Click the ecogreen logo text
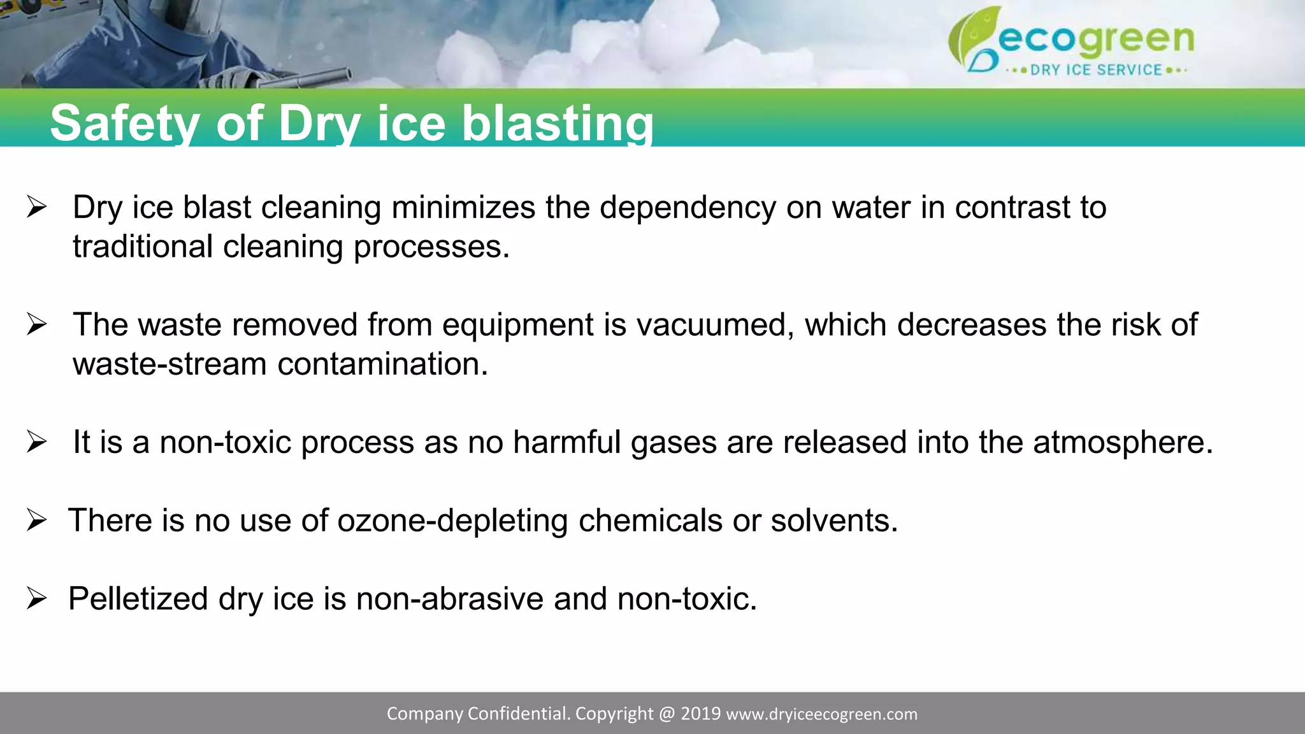coord(1096,40)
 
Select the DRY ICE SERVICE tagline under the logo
coord(1096,70)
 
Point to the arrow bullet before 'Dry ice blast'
coord(37,208)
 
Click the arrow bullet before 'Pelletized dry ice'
coord(37,599)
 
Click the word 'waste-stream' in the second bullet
coord(169,364)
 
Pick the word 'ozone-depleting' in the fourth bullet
coord(452,521)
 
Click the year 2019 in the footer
coord(700,714)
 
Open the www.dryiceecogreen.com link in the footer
coord(821,714)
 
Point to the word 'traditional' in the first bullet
coord(142,247)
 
